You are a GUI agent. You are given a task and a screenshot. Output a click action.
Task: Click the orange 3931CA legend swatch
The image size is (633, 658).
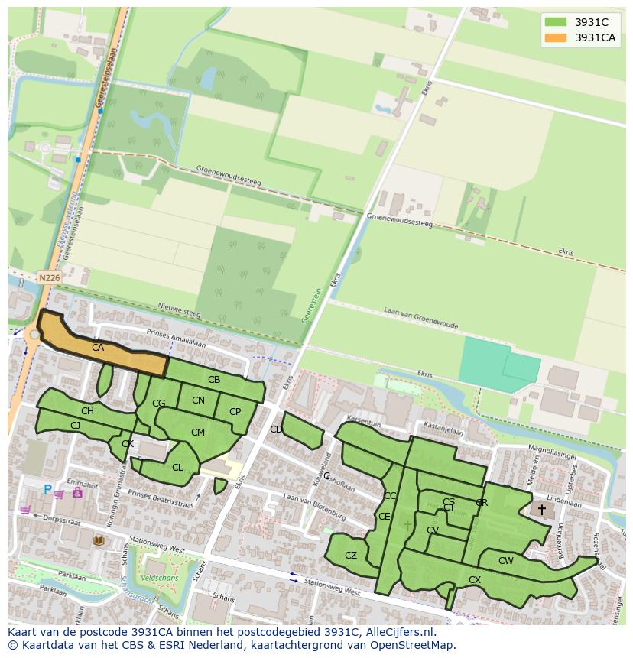[x=556, y=37]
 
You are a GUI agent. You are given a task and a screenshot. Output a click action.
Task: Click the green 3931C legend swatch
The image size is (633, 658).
[x=556, y=22]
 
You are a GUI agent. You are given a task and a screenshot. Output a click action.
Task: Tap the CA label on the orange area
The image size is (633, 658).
[x=98, y=348]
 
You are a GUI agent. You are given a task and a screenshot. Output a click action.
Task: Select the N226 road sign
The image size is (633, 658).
[x=48, y=278]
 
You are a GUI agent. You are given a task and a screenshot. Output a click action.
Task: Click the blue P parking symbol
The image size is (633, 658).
[x=47, y=490]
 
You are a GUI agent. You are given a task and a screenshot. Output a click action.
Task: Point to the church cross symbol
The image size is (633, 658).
[x=542, y=509]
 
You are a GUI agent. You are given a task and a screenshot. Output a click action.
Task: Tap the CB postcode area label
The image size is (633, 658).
[x=214, y=380]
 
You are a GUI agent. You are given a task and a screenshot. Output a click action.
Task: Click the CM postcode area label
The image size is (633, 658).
[x=198, y=433]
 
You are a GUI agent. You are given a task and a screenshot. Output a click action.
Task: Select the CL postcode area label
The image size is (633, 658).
[x=177, y=468]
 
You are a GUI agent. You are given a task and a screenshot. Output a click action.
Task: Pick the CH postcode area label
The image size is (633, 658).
[x=87, y=411]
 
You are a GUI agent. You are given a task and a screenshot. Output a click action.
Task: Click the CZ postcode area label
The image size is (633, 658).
[x=351, y=556]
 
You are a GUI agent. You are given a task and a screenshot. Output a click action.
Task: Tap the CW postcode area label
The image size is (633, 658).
[x=506, y=561]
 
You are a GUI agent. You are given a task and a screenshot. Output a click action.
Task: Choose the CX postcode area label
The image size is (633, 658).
[x=475, y=580]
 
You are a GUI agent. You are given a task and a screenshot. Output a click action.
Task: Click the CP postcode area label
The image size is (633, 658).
[x=235, y=412]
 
